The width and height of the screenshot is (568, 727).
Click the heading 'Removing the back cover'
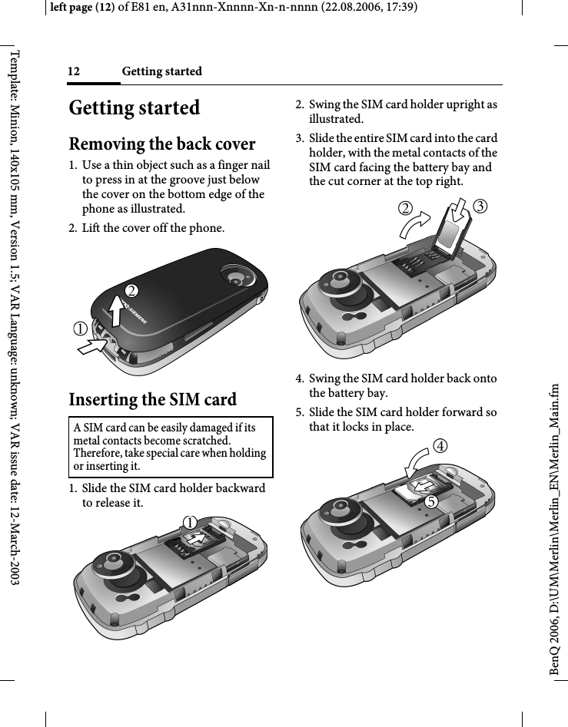click(162, 144)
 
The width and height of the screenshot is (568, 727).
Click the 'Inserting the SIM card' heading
click(153, 400)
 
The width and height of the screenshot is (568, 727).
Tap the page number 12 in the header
click(75, 71)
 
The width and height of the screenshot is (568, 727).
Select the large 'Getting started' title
click(135, 107)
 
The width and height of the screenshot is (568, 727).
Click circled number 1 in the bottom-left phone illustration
click(188, 520)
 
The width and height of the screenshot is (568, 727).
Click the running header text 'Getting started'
click(162, 71)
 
